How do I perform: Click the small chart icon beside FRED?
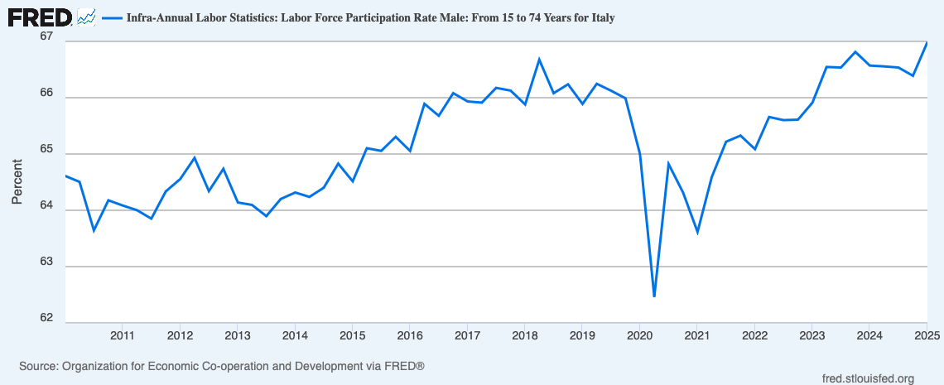click(x=86, y=17)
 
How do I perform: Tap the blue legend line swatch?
click(x=111, y=17)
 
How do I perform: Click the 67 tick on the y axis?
click(x=46, y=37)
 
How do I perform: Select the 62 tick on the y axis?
click(x=46, y=319)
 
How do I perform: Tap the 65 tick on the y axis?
click(x=46, y=150)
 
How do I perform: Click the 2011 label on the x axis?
click(x=123, y=335)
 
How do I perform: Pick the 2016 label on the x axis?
click(x=410, y=335)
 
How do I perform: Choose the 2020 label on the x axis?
click(x=639, y=335)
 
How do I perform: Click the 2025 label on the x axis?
click(x=926, y=335)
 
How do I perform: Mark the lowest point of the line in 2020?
click(x=654, y=296)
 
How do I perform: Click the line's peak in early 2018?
click(x=539, y=59)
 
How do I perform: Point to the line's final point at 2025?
click(x=927, y=42)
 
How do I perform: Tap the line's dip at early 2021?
click(x=697, y=233)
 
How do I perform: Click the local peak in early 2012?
click(x=194, y=157)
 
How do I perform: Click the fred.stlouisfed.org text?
click(x=865, y=378)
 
